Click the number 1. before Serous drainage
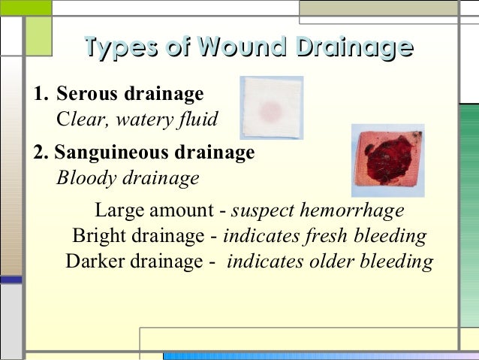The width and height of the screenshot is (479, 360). pyautogui.click(x=41, y=95)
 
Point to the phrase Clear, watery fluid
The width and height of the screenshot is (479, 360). pyautogui.click(x=137, y=119)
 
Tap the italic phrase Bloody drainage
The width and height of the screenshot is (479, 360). pyautogui.click(x=128, y=179)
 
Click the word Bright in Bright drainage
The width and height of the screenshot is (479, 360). pyautogui.click(x=100, y=236)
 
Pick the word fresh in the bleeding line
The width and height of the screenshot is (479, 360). pyautogui.click(x=325, y=236)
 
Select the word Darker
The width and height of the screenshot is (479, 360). pyautogui.click(x=95, y=262)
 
